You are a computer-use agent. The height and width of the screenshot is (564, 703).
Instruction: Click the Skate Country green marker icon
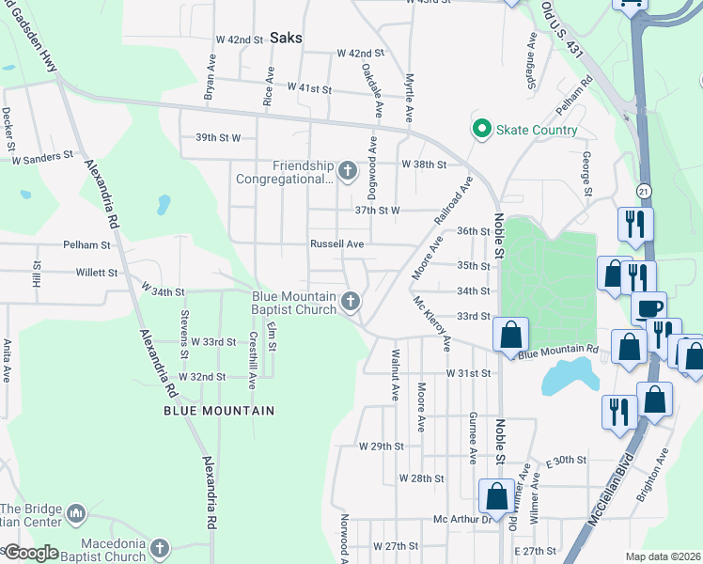(x=482, y=129)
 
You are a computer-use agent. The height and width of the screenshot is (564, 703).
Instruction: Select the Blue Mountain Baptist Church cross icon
(x=350, y=302)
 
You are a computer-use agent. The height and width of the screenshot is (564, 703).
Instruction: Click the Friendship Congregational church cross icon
(x=348, y=171)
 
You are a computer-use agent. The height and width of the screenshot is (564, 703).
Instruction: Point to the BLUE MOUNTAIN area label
(x=219, y=411)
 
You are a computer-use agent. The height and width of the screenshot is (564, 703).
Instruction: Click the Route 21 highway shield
(x=643, y=191)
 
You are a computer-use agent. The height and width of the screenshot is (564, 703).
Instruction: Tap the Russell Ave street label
(x=337, y=243)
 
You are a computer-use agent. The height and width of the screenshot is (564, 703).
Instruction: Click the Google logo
(x=30, y=553)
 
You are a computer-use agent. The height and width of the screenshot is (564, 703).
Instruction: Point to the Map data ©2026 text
(x=664, y=556)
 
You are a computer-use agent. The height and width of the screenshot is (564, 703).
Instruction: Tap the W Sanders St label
(x=42, y=158)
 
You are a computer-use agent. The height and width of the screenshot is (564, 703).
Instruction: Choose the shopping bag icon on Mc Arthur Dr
(x=496, y=495)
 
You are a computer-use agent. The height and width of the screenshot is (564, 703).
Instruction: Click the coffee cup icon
(x=648, y=308)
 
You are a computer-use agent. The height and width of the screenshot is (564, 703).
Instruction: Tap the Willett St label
(x=98, y=273)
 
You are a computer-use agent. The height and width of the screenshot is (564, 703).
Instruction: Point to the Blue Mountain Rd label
(x=558, y=352)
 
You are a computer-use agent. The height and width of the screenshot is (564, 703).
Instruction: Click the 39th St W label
(x=218, y=137)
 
